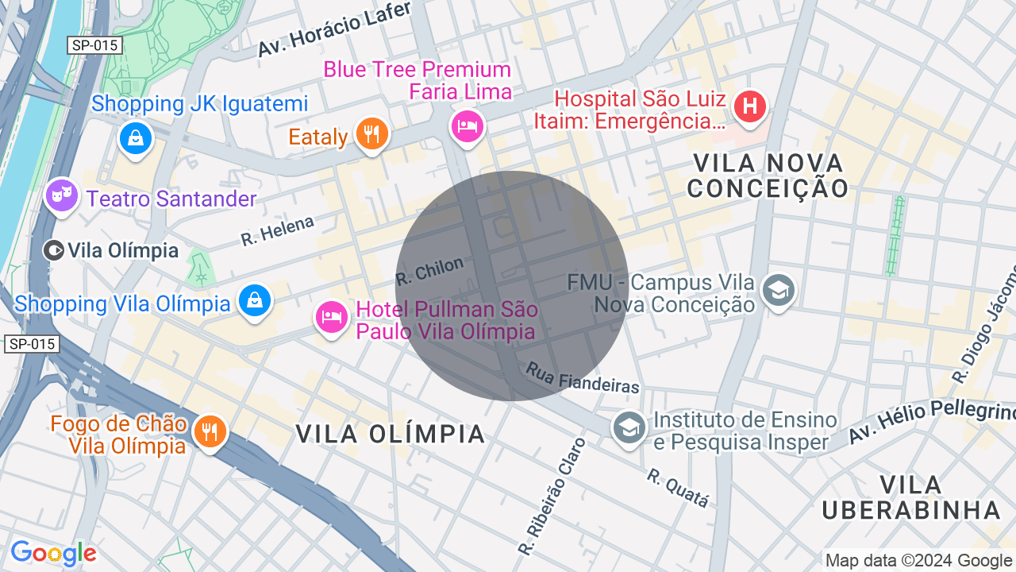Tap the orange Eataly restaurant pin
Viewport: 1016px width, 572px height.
371,132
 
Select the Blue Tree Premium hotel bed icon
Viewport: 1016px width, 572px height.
468,126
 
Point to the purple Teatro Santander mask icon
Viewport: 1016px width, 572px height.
61,194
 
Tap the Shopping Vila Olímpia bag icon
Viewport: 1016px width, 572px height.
255,300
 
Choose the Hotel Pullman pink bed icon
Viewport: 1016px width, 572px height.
332,317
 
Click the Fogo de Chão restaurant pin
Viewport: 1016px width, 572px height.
210,431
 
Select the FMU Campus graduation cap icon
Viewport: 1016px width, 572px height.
779,290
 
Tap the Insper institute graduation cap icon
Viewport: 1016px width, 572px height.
629,427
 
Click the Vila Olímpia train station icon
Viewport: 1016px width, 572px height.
54,251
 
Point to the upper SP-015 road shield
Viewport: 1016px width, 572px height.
94,45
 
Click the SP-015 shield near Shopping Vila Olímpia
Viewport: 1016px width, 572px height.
32,344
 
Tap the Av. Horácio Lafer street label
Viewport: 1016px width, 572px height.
334,29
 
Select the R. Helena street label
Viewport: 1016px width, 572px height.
278,230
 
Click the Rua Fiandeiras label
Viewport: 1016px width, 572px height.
582,378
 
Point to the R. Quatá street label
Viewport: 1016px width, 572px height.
677,487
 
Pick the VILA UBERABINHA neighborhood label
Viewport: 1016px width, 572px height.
910,497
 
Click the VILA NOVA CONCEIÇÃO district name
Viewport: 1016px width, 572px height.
768,176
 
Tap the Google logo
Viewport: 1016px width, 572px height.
53,553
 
